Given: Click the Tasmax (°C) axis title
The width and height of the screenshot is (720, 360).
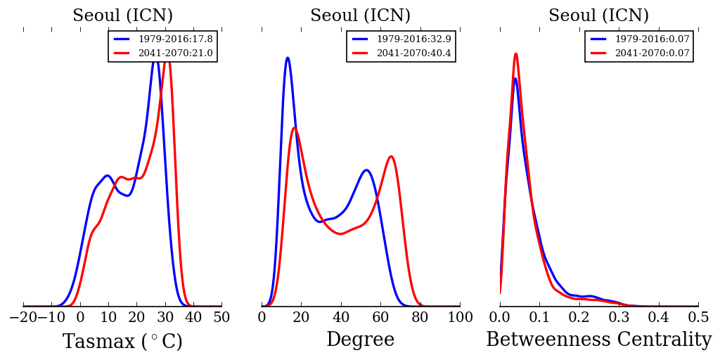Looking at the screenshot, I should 122,342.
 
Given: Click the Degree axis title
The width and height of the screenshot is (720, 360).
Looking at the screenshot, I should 360,340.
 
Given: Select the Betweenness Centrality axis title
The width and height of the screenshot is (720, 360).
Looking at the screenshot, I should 598,340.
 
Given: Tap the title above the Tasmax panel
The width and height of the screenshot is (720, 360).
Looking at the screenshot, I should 122,15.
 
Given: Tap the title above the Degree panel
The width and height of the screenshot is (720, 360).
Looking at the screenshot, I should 360,15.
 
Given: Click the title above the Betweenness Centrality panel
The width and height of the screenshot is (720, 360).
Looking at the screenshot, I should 598,15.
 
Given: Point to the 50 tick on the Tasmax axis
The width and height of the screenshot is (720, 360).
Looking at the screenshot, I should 221,317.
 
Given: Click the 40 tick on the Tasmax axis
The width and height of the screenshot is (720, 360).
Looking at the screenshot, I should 193,317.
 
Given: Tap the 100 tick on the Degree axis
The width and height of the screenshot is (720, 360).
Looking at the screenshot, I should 460,317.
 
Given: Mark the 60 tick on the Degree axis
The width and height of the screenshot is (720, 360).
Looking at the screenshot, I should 380,317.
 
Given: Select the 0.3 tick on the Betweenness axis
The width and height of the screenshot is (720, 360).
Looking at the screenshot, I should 619,317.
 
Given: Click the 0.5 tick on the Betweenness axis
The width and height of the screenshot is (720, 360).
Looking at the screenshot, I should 698,317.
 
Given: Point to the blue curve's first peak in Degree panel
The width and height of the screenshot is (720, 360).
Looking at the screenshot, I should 288,58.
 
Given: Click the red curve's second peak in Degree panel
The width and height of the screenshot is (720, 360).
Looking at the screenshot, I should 391,156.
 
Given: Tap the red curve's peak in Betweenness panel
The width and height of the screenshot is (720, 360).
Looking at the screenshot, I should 515,53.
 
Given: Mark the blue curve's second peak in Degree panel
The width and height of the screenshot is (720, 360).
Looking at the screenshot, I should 366,169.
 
